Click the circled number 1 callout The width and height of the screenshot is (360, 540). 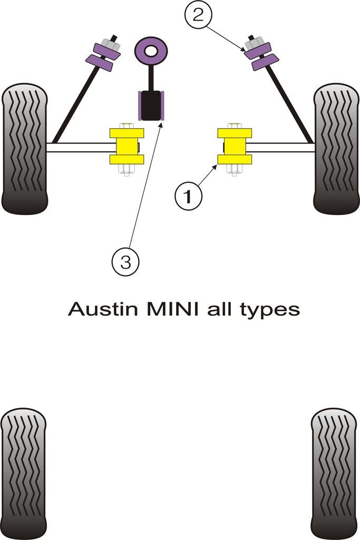(x=188, y=197)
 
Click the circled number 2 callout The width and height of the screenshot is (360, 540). (x=198, y=16)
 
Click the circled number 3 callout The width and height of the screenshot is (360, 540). (x=125, y=262)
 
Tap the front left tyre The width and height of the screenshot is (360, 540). (x=25, y=149)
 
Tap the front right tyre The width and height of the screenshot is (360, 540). (x=336, y=149)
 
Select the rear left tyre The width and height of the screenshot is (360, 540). (x=23, y=473)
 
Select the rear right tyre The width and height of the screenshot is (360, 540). (x=334, y=473)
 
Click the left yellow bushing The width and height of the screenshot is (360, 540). (x=127, y=146)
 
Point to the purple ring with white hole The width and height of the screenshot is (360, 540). (x=151, y=51)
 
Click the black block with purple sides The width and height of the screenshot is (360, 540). (x=151, y=105)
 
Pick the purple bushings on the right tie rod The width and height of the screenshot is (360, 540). (x=258, y=55)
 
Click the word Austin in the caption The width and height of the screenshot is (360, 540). (x=98, y=309)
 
